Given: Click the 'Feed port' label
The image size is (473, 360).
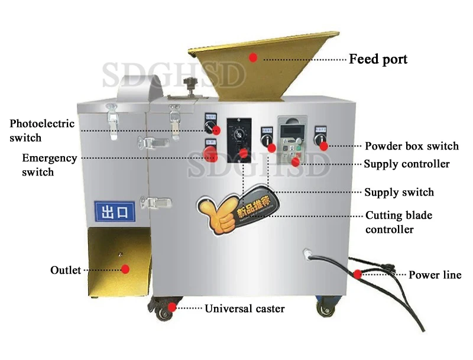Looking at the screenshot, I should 378,59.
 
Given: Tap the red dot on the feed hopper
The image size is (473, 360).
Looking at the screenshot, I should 253,57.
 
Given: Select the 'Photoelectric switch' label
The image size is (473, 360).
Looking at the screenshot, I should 41,130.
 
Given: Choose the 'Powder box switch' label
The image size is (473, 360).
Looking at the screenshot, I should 412,146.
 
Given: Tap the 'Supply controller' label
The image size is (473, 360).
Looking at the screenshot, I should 407,164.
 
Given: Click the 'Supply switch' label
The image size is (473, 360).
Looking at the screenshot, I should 399,192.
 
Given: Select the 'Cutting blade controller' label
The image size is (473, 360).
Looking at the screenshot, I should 399,222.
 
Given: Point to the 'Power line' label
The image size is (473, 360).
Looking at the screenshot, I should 435,275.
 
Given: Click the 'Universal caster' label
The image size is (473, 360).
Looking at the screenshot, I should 245,309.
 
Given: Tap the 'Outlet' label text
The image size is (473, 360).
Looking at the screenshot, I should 65,270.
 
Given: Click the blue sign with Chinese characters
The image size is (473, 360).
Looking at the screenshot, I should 115,210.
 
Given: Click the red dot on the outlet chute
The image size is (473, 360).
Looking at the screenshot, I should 125,269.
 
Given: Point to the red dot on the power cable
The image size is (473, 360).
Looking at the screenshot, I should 358,274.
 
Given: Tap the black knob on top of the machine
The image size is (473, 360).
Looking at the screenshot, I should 190,83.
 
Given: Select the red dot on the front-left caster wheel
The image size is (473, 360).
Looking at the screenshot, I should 172,307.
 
